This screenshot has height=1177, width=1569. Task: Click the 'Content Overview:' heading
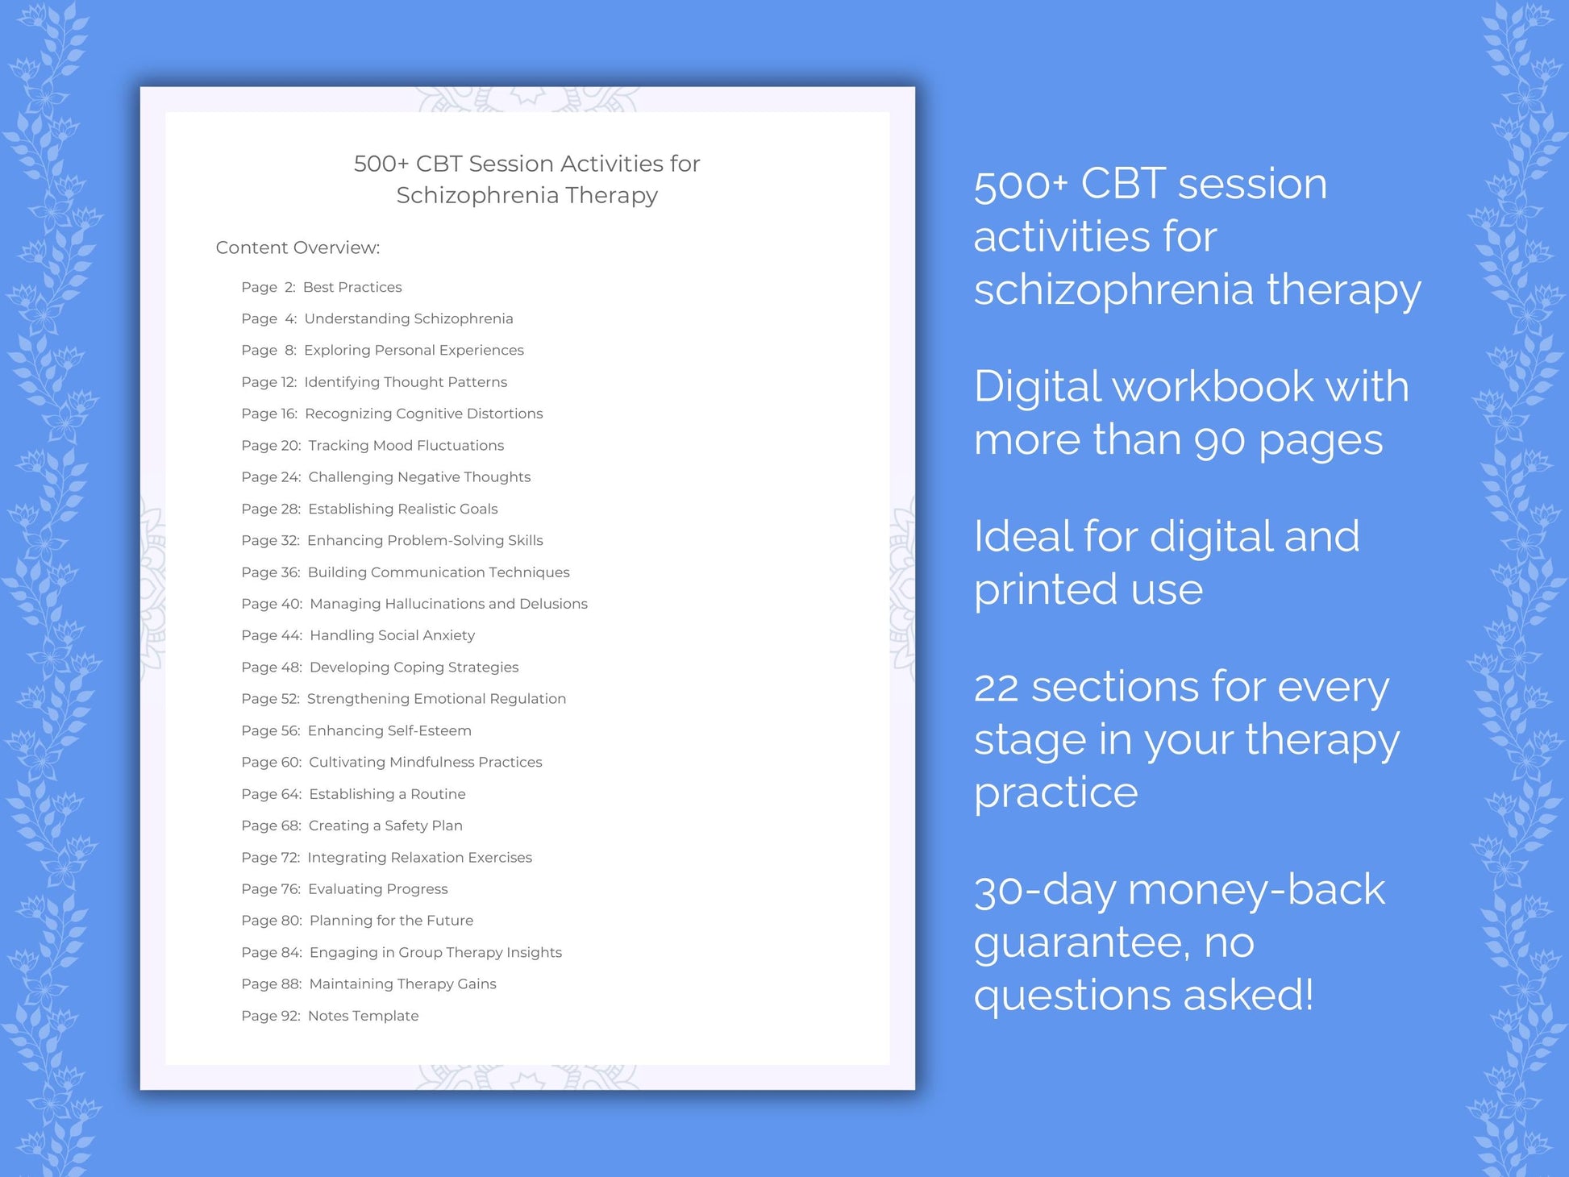298,247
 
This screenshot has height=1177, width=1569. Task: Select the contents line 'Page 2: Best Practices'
321,287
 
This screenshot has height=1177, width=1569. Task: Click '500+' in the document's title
381,164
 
